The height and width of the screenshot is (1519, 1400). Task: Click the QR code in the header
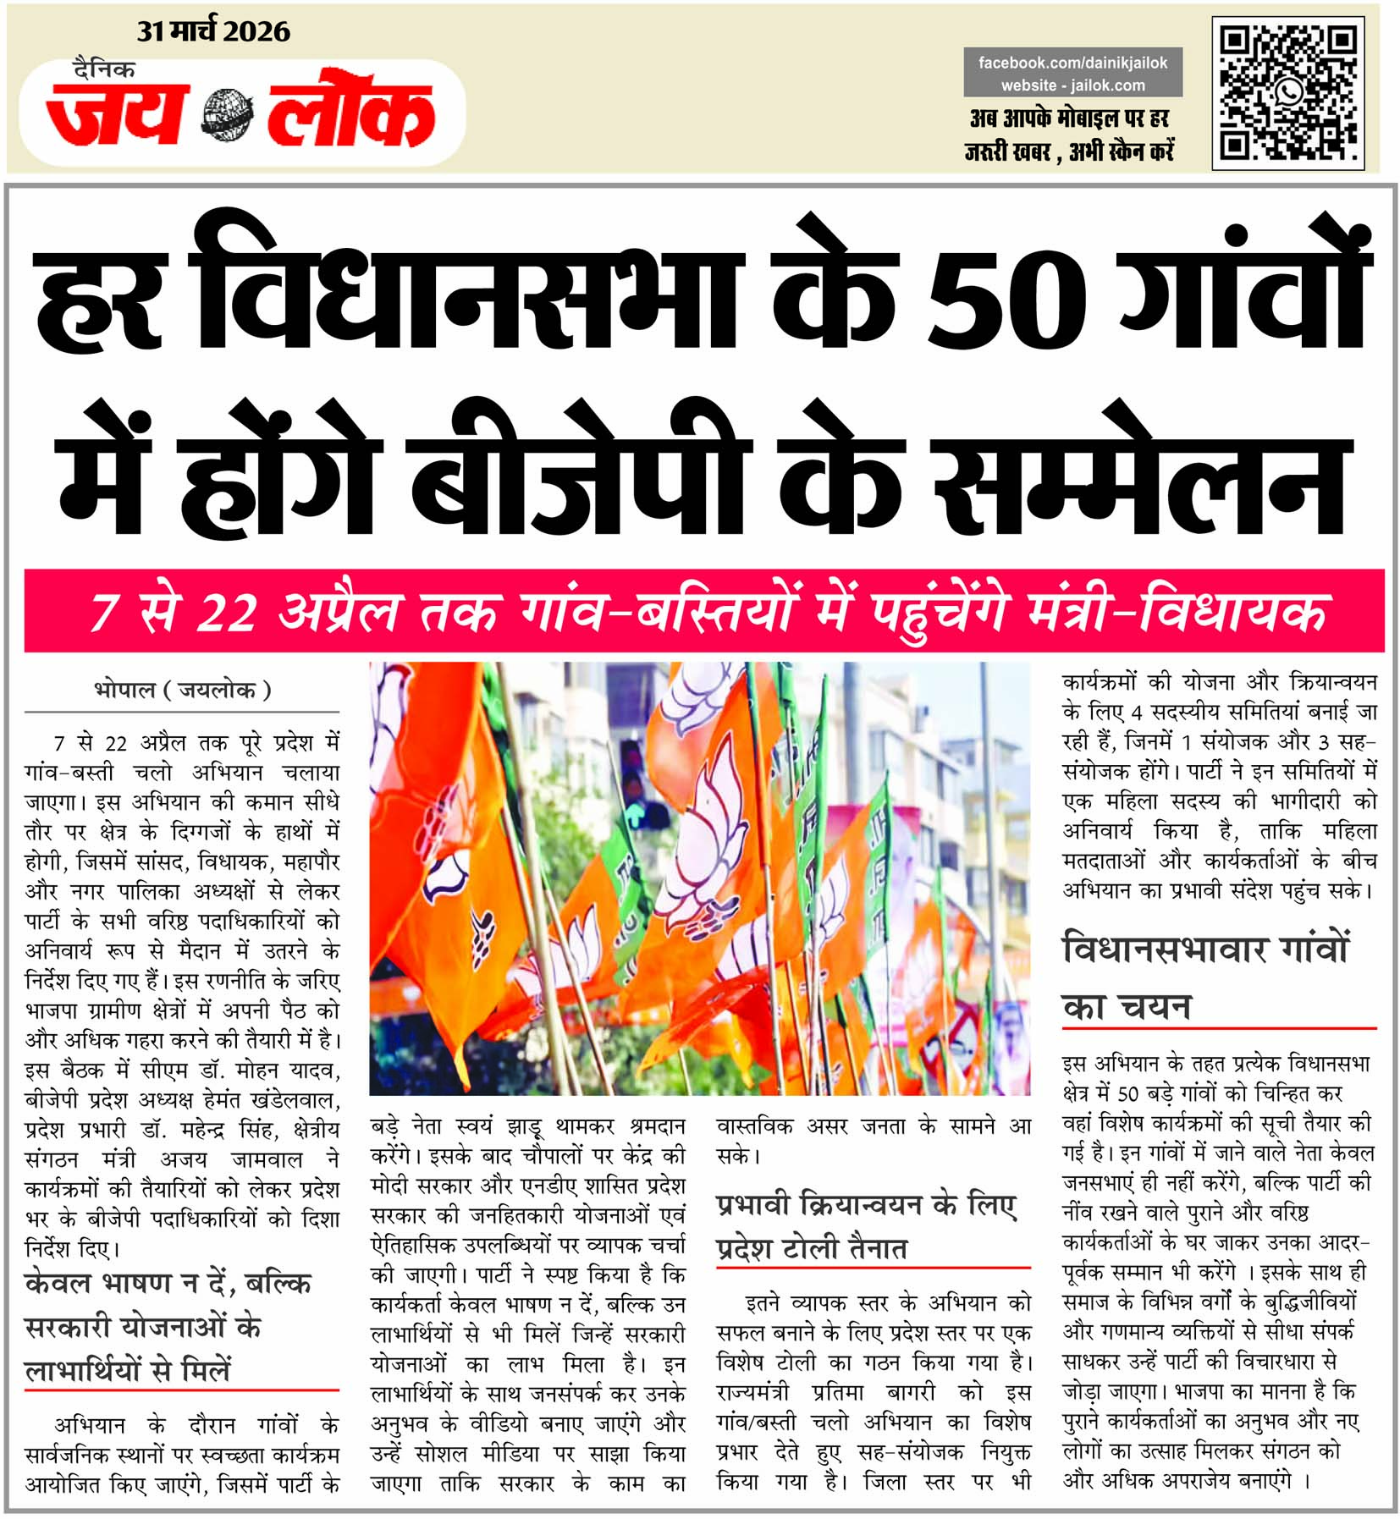click(x=1287, y=92)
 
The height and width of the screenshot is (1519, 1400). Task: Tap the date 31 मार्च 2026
click(x=213, y=32)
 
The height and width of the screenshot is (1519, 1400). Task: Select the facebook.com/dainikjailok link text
click(x=1072, y=63)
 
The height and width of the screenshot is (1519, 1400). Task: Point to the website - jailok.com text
click(x=1072, y=85)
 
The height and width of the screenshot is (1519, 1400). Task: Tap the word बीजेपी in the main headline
click(x=581, y=471)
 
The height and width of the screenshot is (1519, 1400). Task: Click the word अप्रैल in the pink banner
click(x=336, y=611)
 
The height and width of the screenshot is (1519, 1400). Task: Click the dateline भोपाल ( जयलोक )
click(x=182, y=691)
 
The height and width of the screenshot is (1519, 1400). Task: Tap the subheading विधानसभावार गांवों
click(x=1204, y=949)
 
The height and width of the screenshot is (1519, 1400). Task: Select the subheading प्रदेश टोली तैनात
click(x=811, y=1249)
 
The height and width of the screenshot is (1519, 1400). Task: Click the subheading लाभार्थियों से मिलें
click(x=127, y=1369)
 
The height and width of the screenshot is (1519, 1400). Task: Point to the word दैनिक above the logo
click(x=103, y=69)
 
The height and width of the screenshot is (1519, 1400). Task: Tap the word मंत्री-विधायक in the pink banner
click(x=1176, y=611)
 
